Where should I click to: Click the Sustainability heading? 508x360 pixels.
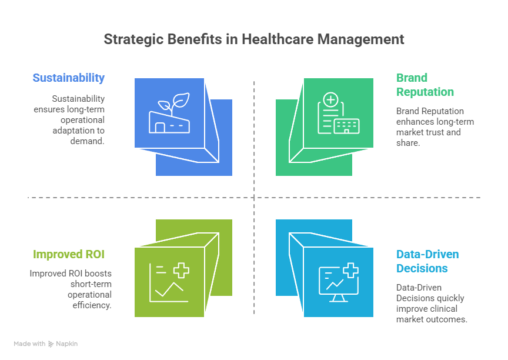pos(69,78)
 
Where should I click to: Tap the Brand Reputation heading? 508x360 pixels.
pos(425,85)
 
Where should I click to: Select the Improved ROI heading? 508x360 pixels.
pos(69,255)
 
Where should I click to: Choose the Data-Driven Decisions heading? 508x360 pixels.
pos(427,261)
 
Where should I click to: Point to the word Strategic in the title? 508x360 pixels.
pos(133,39)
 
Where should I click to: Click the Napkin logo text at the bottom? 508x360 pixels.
pos(66,344)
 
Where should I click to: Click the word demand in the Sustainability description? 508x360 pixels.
pos(89,141)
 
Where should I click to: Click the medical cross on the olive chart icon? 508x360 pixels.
pos(181,271)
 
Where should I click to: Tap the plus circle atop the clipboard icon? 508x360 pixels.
pos(330,100)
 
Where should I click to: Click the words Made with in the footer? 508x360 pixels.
pos(29,344)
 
